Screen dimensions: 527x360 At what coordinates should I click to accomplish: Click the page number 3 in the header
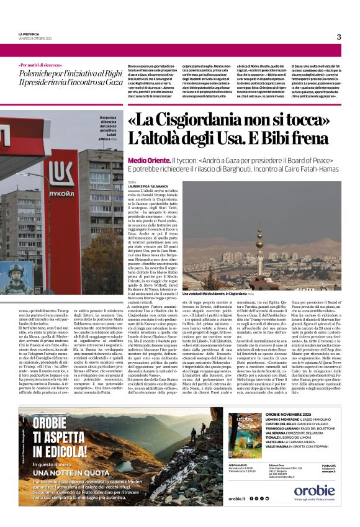[339, 37]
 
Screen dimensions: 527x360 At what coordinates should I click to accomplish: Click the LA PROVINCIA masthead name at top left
[30, 34]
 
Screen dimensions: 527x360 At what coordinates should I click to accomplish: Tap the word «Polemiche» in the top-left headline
[40, 73]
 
